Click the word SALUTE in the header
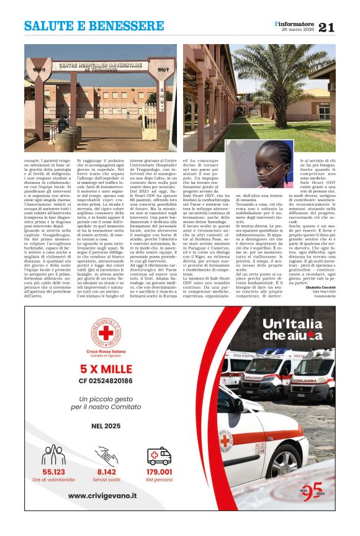pyautogui.click(x=49, y=27)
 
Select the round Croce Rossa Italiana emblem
pyautogui.click(x=106, y=333)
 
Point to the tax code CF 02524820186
pyautogui.click(x=106, y=380)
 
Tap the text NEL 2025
pyautogui.click(x=105, y=427)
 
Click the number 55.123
pyautogui.click(x=53, y=471)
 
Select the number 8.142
pyautogui.click(x=106, y=471)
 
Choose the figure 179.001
pyautogui.click(x=159, y=471)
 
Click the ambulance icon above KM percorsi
pyautogui.click(x=159, y=456)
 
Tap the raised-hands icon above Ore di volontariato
pyautogui.click(x=53, y=455)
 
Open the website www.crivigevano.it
pyautogui.click(x=106, y=496)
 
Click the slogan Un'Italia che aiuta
pyautogui.click(x=292, y=329)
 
